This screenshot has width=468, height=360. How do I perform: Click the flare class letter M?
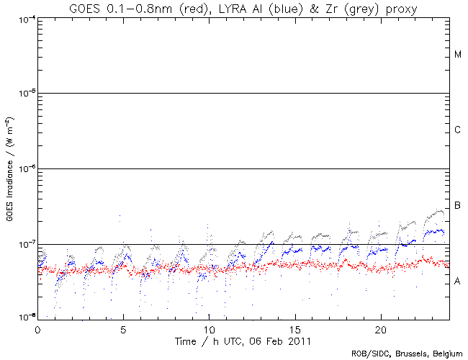(x=458, y=55)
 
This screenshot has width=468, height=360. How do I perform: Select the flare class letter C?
(x=458, y=130)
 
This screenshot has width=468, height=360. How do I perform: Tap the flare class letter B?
(x=458, y=207)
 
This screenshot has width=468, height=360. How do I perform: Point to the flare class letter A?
(x=458, y=281)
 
